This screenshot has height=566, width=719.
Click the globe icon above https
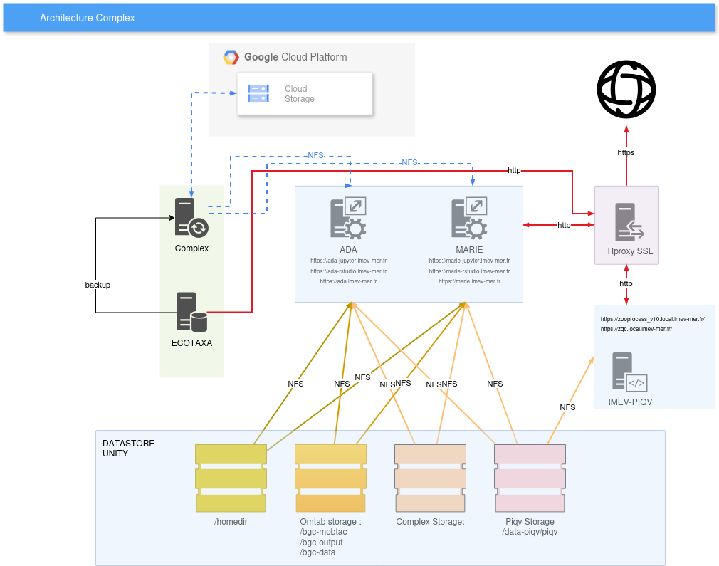coord(626,90)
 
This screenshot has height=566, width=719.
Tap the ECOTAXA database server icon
coord(191,312)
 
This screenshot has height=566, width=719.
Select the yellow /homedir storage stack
coord(231,478)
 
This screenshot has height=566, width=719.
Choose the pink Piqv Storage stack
coord(530,478)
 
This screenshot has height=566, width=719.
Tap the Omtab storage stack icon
coord(330,478)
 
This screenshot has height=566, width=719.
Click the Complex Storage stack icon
coord(430,478)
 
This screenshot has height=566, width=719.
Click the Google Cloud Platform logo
coord(231,58)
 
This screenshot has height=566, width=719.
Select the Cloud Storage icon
coord(258,93)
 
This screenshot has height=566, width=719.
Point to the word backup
coord(98,285)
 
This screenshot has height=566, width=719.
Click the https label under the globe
coord(626,152)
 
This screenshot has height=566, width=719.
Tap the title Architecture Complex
coord(88,18)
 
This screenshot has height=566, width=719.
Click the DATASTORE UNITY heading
coord(128,448)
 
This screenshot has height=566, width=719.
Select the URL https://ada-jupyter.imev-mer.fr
coord(348,261)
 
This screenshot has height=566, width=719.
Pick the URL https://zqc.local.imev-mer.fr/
coord(636,329)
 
